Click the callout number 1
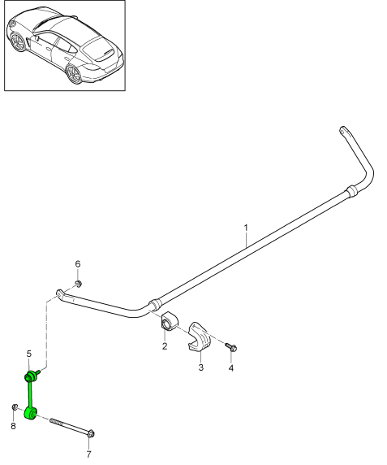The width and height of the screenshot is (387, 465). (x=246, y=228)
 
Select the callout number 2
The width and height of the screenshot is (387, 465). (x=165, y=345)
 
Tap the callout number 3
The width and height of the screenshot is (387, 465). (x=201, y=367)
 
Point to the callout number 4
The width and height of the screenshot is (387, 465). (x=231, y=368)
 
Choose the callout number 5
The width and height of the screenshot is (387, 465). (x=28, y=354)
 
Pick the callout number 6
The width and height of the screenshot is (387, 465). (x=78, y=263)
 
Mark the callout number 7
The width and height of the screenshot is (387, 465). (x=88, y=454)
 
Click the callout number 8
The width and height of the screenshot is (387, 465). (x=13, y=426)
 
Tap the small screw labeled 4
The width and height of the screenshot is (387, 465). (x=231, y=348)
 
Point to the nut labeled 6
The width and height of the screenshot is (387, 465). (x=78, y=284)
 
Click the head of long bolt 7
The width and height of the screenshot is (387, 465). (x=92, y=434)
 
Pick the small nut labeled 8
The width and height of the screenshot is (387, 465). (x=15, y=406)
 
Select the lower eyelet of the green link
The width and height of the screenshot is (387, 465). (x=31, y=413)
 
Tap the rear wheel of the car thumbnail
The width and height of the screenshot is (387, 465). (x=73, y=73)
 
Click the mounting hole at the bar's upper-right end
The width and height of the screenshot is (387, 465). (x=342, y=130)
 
